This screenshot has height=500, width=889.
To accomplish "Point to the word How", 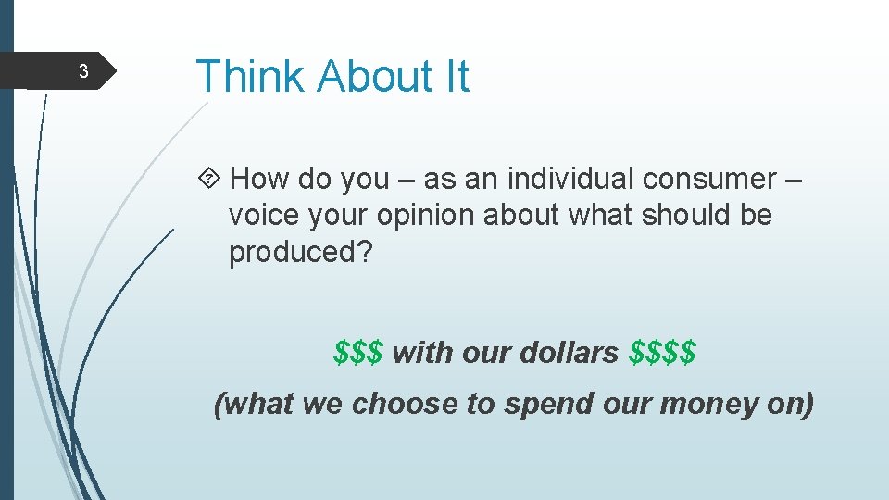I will (260, 178).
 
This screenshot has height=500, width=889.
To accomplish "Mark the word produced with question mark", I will (300, 253).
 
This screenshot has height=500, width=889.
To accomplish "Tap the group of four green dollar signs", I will (662, 353).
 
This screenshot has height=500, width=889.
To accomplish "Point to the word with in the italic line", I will (419, 353).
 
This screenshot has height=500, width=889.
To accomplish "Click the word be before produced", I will (756, 215).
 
